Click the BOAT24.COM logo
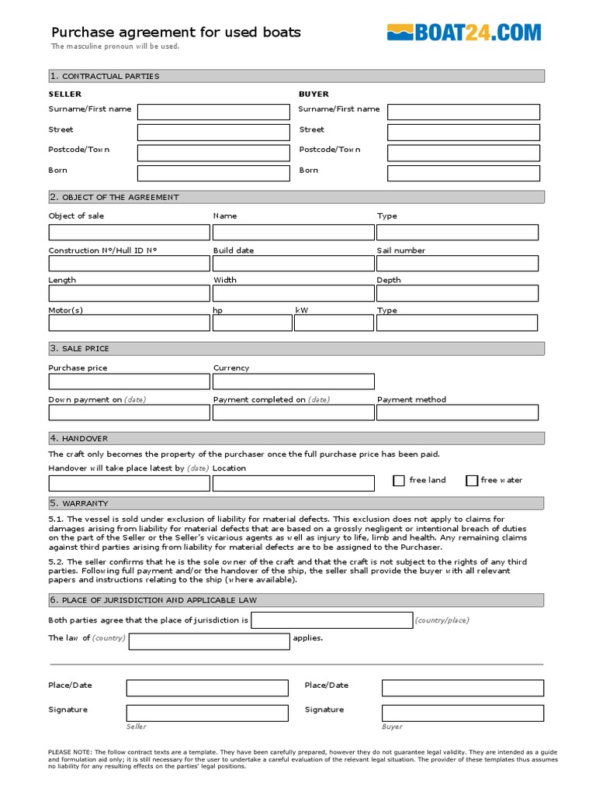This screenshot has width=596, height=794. coord(463,33)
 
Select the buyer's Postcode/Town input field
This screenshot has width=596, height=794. coord(463,153)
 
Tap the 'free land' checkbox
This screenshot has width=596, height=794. coord(399,481)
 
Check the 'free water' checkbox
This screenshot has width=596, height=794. coord(471,481)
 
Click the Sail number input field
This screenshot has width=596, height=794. coord(457,263)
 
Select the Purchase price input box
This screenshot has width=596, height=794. coord(129,381)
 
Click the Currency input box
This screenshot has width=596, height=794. coord(293,381)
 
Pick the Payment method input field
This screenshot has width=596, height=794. coord(457,413)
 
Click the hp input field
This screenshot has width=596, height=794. coord(252,323)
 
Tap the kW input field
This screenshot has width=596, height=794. coord(334,323)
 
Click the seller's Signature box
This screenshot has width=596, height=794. coord(207,713)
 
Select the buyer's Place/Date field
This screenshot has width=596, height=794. coord(463,688)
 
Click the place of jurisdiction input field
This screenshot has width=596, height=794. coord(332,620)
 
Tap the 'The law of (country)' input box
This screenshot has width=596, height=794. coord(209,640)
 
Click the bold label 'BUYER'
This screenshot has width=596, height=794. coord(314,94)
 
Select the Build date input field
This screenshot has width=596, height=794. coord(293,263)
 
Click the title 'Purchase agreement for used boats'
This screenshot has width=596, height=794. coord(176,33)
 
